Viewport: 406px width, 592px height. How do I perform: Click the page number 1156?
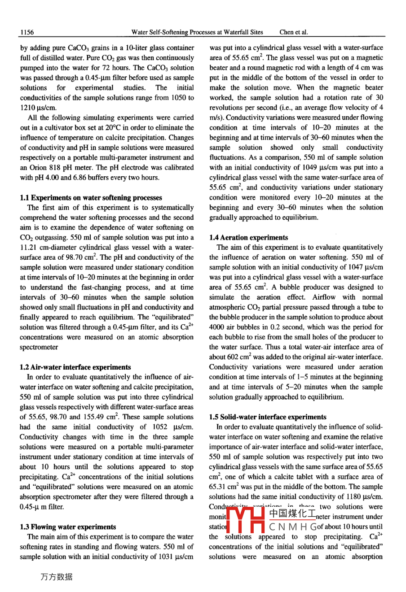27,32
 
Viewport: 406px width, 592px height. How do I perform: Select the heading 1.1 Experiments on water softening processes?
91,197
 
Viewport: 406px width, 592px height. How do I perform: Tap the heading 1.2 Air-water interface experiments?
75,367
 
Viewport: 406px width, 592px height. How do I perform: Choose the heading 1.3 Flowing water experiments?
68,527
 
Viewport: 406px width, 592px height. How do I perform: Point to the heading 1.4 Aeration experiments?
249,237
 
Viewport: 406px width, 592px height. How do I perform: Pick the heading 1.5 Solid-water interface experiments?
268,417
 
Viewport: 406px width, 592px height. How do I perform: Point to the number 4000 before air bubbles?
218,327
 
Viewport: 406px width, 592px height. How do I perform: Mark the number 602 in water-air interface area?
234,357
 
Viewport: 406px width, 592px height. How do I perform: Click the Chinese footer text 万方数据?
56,577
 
